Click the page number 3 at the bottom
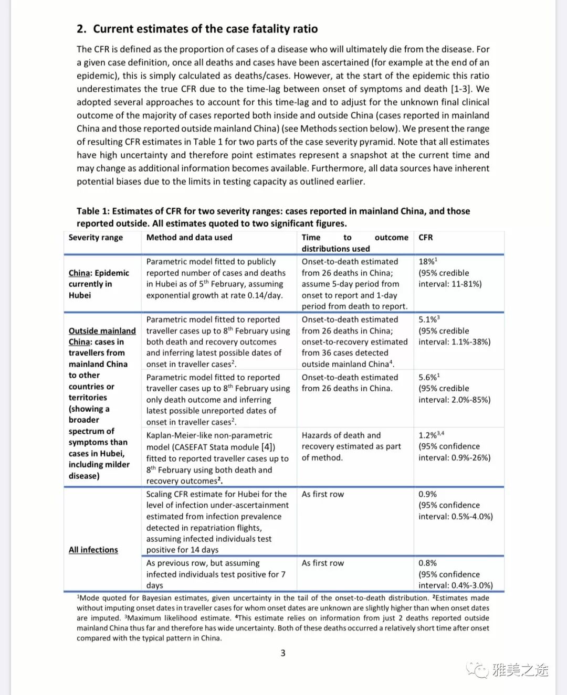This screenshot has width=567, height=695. (x=283, y=653)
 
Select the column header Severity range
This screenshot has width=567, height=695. (x=96, y=237)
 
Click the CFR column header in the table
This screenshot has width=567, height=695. (x=426, y=237)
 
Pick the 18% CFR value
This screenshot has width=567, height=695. (x=427, y=261)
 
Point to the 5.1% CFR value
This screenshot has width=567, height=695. (x=428, y=319)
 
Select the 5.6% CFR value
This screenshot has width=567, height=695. (x=428, y=377)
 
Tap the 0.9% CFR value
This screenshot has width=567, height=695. (x=427, y=494)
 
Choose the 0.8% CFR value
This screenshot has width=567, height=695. (x=427, y=563)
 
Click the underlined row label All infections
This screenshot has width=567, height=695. (x=93, y=550)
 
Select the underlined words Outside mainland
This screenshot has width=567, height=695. (x=102, y=331)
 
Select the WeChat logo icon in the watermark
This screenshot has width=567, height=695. (x=478, y=670)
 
